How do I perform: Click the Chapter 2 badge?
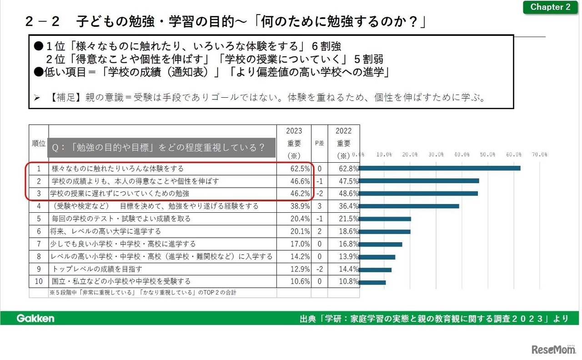(x=550, y=7)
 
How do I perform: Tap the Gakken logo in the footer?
(x=35, y=318)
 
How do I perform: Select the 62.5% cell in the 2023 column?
(x=300, y=169)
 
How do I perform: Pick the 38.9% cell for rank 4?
(x=300, y=206)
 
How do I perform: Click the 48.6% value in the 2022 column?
(x=348, y=194)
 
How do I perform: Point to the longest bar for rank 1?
(x=439, y=168)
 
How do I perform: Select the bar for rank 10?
(x=372, y=282)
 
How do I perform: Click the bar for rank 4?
(x=409, y=206)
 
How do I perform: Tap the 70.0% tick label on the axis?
(x=539, y=155)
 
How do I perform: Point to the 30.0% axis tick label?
(x=436, y=155)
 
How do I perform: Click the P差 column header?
(x=320, y=143)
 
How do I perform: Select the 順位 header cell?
(x=39, y=143)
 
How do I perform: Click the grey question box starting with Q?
(x=162, y=147)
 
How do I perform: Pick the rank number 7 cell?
(x=39, y=244)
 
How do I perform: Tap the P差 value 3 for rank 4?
(x=320, y=206)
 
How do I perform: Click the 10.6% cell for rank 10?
(x=300, y=281)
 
